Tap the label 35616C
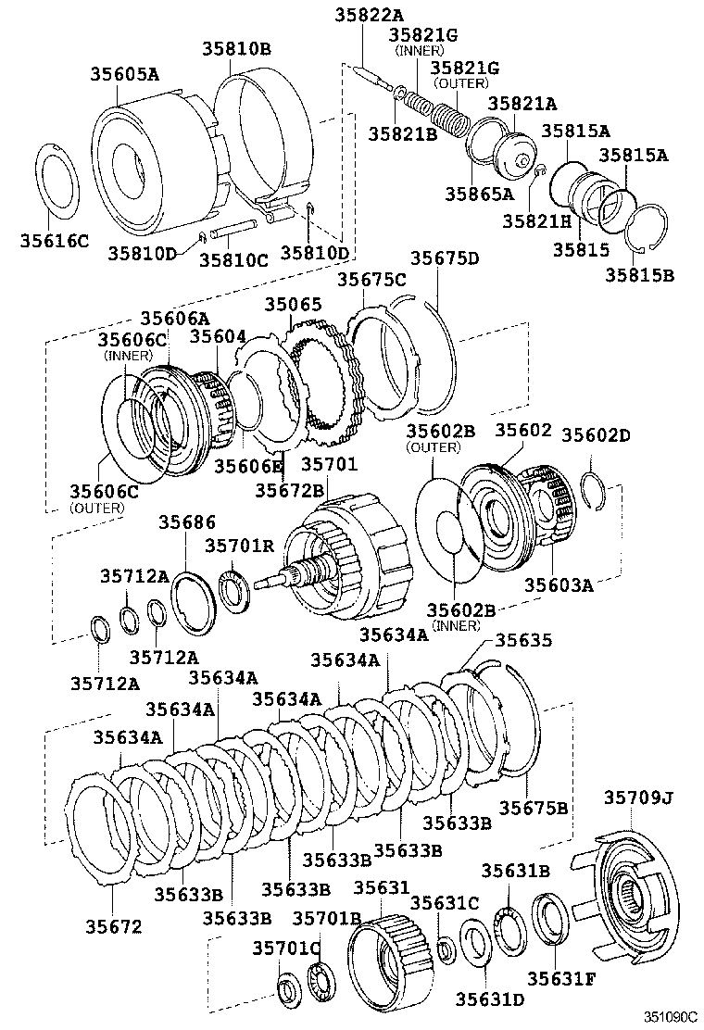(54, 242)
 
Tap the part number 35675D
(445, 258)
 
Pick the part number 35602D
(596, 434)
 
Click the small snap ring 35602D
(596, 488)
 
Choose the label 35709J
(639, 797)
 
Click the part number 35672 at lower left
(114, 925)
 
